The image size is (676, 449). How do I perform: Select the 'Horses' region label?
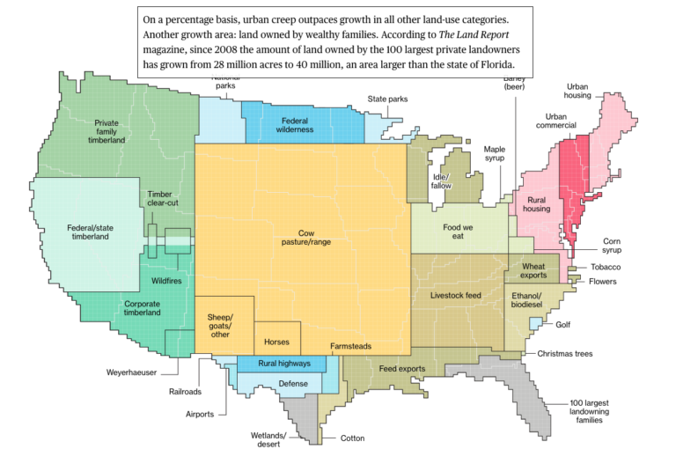point(276,341)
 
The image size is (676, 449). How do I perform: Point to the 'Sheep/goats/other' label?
point(220,325)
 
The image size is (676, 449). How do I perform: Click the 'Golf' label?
point(562,324)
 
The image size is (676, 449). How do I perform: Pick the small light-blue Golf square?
point(534,324)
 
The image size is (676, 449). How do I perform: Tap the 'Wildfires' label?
point(166,281)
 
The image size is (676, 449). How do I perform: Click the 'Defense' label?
point(293,384)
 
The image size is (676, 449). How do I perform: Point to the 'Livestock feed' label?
point(456,295)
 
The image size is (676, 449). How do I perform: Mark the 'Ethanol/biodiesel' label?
point(527,298)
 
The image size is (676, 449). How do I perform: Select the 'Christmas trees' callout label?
point(564,354)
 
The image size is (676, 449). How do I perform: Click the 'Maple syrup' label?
point(495,154)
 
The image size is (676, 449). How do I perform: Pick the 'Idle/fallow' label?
point(441,181)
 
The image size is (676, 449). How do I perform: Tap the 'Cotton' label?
point(352,438)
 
